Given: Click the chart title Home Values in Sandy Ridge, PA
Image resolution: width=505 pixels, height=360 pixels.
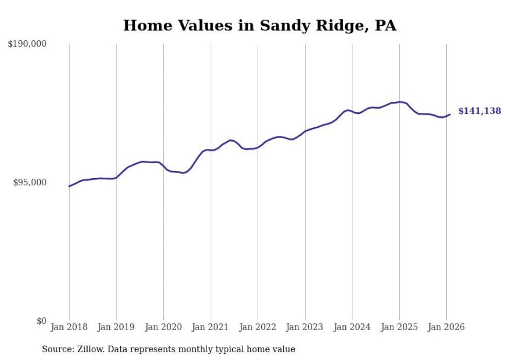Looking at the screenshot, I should [x=260, y=26].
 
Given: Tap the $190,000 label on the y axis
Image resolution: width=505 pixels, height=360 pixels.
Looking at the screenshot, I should [x=27, y=44].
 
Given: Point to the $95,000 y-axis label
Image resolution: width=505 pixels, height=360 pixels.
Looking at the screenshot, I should [x=29, y=183].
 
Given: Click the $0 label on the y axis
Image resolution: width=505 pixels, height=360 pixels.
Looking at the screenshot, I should [x=41, y=321].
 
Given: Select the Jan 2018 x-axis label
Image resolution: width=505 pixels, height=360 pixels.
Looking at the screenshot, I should [x=69, y=328].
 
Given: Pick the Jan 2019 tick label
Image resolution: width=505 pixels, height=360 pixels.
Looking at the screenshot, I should [x=116, y=328].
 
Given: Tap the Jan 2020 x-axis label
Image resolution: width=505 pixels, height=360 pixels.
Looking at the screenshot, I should [x=163, y=328].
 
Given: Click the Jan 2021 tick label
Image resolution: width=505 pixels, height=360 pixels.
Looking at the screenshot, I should [x=210, y=328].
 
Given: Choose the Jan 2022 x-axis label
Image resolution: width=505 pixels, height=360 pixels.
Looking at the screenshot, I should [x=258, y=328].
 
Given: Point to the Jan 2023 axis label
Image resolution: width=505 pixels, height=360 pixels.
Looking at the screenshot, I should [x=305, y=328].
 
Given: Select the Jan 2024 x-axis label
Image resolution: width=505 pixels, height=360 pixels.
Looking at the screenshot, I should [x=352, y=328].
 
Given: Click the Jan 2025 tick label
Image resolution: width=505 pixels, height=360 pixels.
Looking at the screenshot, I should [x=399, y=328].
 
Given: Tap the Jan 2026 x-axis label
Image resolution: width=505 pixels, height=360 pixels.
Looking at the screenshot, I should [x=446, y=328].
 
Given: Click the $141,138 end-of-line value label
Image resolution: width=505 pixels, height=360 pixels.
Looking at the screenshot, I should [x=479, y=111].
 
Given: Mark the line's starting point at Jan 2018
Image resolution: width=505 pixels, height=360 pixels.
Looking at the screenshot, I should [x=69, y=186].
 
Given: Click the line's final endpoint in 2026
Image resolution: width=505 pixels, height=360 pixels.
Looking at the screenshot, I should [x=450, y=114].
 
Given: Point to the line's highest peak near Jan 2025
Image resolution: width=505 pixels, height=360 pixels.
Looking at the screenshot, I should [x=399, y=102].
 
